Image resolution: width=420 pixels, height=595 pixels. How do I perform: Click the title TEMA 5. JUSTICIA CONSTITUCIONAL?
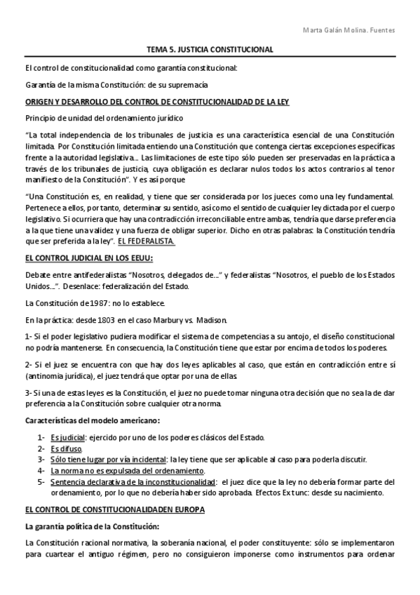point(209,51)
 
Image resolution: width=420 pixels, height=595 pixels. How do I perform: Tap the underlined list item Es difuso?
point(66,449)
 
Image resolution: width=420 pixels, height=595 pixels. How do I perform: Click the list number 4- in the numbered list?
point(42,471)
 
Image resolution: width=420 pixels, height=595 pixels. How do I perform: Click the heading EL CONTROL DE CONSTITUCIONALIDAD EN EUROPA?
point(114,509)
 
